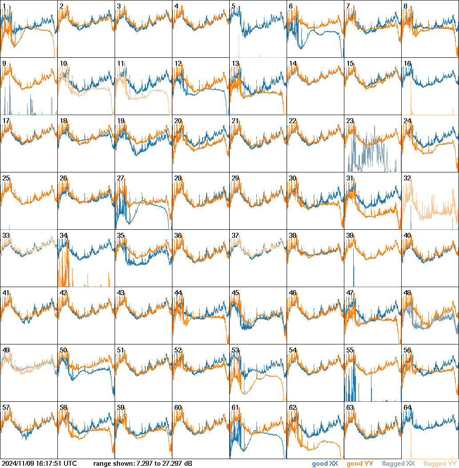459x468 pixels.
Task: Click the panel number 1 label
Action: pos(4,6)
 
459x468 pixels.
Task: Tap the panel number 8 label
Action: pos(406,6)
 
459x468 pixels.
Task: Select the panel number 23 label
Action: pos(350,121)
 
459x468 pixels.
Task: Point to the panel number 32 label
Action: pos(407,178)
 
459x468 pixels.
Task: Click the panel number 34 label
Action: pos(63,236)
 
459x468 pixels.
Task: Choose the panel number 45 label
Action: pos(235,293)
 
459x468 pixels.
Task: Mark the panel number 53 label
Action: pos(235,350)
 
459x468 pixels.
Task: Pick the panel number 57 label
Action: pos(6,408)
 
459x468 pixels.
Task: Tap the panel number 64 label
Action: pos(407,408)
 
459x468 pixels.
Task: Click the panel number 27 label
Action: pos(120,178)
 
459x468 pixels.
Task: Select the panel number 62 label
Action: pos(292,408)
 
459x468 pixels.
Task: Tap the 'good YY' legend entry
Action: pos(359,464)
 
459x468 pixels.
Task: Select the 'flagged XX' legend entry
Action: pos(398,464)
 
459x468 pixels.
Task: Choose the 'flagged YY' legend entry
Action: pos(439,464)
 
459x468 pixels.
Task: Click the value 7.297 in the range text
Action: pos(142,464)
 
